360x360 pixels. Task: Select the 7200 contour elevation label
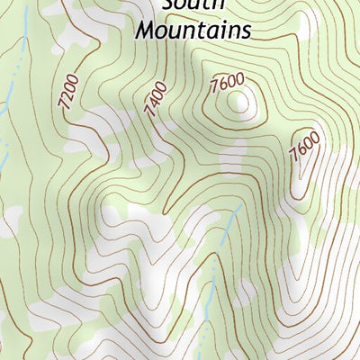click(68, 93)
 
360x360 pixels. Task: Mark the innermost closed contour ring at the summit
click(239, 103)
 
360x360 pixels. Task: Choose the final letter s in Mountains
click(244, 31)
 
